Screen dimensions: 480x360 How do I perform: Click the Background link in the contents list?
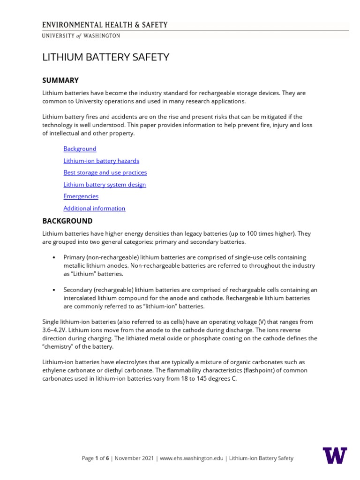80,149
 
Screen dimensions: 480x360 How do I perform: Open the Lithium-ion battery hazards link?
101,161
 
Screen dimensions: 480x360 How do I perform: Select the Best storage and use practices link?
105,172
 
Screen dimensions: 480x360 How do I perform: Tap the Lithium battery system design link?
105,185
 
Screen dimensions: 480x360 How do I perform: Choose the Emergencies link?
81,196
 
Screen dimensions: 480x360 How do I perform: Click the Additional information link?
94,208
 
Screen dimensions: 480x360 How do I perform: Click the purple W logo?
335,455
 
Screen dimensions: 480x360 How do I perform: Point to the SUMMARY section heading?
60,81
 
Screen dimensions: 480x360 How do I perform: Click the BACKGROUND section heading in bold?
67,221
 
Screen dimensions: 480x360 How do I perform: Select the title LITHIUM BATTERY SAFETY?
105,57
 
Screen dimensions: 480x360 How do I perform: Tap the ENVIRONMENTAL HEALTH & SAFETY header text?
105,25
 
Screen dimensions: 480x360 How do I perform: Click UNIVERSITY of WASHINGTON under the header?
81,36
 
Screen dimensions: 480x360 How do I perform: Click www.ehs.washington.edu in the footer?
193,458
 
